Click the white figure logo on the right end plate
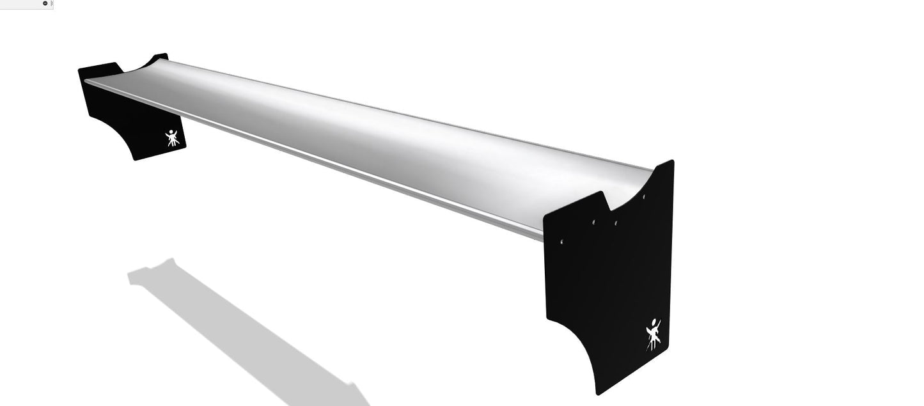653,334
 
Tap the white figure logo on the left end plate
172,137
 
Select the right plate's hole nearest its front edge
562,242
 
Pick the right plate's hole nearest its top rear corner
644,197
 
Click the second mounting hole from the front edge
593,222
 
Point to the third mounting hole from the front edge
616,223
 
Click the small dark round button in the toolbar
45,3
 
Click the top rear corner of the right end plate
672,161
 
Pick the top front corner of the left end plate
80,69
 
